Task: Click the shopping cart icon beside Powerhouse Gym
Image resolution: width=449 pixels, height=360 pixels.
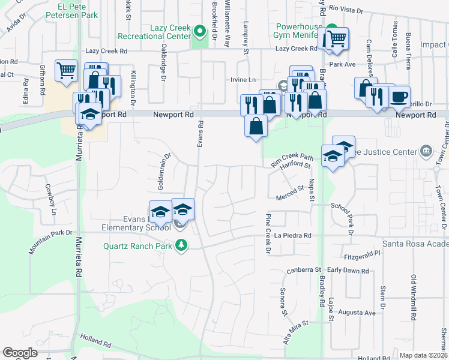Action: (x=336, y=38)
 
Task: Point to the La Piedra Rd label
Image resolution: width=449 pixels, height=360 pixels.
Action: (x=293, y=236)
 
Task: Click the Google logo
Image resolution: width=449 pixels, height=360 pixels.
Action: (x=20, y=353)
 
